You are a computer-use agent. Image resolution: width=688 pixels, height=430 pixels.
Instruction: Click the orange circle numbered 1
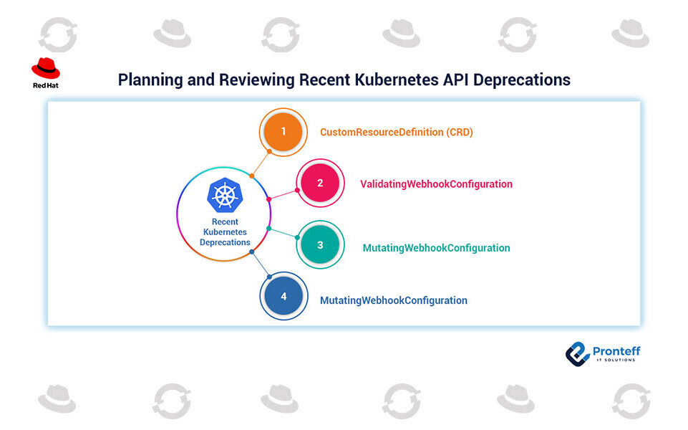284,132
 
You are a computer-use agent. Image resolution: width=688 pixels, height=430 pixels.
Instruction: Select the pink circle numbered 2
320,183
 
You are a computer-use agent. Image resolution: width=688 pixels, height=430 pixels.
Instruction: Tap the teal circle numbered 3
320,244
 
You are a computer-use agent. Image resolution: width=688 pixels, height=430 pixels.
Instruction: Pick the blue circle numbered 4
284,296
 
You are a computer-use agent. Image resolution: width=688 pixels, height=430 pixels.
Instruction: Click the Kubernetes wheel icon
224,195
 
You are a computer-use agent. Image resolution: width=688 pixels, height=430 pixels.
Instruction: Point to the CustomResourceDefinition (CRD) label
396,133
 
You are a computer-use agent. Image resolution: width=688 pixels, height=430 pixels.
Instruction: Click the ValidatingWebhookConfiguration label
436,184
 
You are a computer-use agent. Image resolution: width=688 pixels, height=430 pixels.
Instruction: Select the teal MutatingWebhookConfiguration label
436,248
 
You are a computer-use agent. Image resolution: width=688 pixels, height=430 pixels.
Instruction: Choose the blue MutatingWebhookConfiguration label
393,300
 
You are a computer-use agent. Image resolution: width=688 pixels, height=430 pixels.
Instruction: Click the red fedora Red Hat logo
46,67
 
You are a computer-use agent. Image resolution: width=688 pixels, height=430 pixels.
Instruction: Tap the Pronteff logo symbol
576,353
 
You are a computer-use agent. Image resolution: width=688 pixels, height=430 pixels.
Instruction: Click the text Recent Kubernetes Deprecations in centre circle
225,232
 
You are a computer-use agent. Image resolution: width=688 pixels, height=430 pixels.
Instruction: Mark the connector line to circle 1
260,163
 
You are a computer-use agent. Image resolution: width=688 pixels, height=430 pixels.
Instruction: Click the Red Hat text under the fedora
46,85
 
